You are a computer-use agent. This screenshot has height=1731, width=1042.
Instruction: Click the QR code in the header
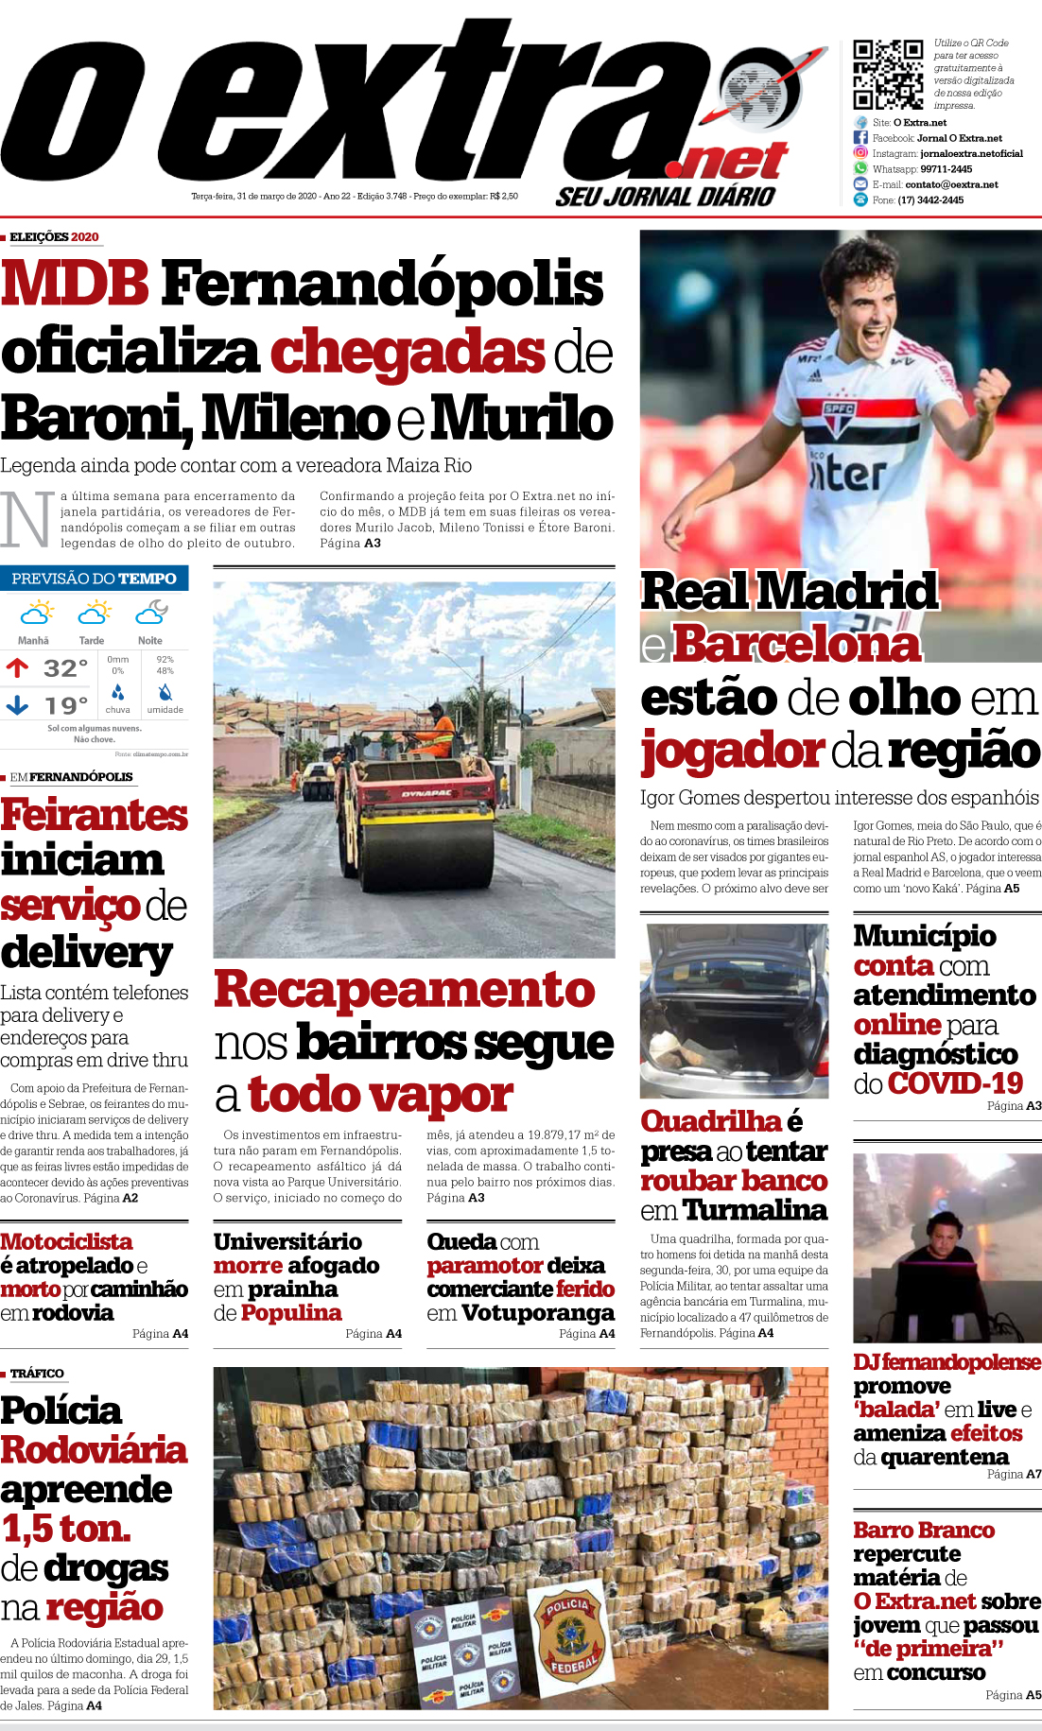coord(888,75)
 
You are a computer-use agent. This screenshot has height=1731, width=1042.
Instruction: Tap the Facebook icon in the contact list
coord(860,138)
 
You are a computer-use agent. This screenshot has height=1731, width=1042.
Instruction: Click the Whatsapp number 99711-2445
coord(946,169)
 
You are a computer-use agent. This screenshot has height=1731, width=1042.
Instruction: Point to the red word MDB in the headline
coord(76,284)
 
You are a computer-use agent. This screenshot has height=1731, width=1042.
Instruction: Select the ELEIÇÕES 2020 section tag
coord(54,236)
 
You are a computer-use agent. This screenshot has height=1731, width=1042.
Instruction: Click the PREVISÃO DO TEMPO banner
coord(94,579)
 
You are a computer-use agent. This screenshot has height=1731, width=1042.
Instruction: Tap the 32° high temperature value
coord(66,668)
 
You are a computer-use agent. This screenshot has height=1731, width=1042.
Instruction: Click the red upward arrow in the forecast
coord(17,668)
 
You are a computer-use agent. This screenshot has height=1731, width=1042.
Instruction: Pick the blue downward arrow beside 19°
coord(17,705)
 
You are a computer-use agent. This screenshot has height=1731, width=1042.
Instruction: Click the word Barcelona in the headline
coord(795,645)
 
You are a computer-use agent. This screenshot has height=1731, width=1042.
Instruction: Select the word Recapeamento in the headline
coord(405,990)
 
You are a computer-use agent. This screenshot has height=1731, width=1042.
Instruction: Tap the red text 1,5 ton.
coord(66,1529)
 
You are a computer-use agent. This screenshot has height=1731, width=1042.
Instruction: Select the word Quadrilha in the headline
coord(711,1121)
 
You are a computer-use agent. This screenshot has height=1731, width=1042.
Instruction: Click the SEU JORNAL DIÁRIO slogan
coord(665,196)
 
